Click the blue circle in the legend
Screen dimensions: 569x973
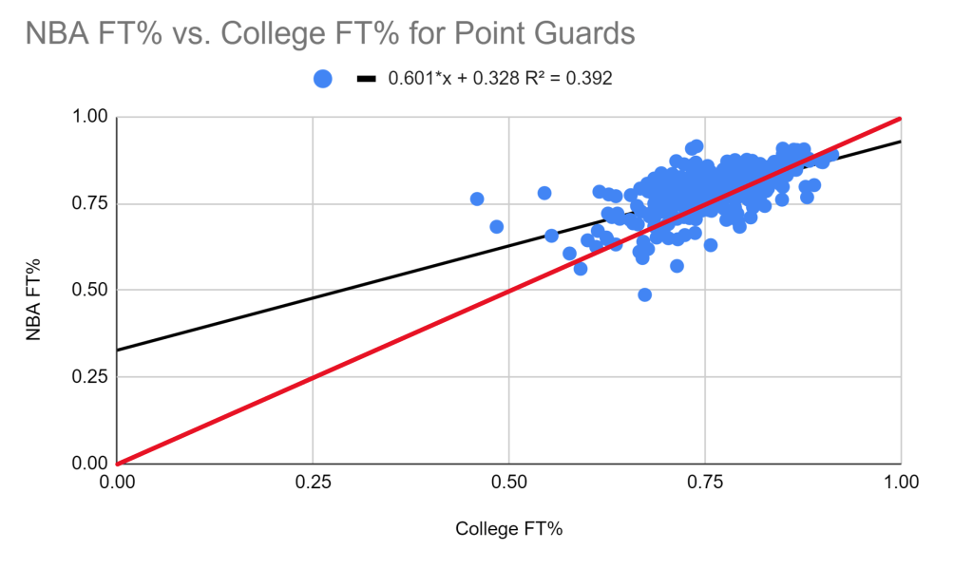323,80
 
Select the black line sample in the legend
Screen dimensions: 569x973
367,80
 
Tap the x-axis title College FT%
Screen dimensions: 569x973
509,529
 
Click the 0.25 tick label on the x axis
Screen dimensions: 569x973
313,482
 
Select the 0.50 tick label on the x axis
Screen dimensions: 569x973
509,482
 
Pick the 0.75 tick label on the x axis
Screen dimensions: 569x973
705,482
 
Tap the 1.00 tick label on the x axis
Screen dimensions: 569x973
900,482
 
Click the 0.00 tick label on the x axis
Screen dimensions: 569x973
117,482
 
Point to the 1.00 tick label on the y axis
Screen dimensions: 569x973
91,118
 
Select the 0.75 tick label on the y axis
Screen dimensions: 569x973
91,204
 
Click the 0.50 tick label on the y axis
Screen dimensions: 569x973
91,291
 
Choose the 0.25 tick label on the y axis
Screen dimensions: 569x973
91,377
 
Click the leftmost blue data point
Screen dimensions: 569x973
477,199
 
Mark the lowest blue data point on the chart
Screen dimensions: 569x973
644,294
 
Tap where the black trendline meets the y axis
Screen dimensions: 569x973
117,351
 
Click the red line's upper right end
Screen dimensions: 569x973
899,119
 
